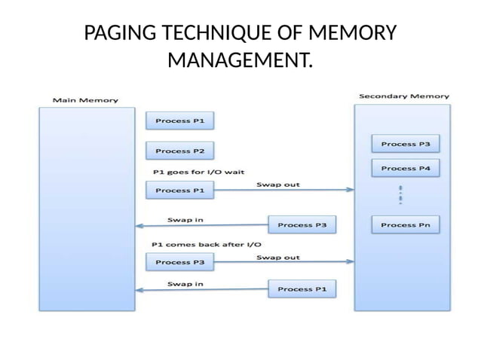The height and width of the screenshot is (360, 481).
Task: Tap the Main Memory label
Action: (84, 100)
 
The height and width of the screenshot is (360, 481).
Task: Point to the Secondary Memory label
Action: (403, 96)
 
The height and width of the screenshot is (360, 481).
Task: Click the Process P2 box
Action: (179, 151)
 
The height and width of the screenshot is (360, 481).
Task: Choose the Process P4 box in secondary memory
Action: (405, 168)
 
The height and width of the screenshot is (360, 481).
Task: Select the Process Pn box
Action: (405, 224)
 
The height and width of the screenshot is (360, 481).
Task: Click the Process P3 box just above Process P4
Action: (405, 143)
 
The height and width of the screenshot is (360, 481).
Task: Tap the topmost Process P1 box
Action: (179, 121)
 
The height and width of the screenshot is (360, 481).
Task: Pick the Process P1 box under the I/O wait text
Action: (179, 191)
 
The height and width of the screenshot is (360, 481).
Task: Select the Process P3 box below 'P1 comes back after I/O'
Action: (179, 263)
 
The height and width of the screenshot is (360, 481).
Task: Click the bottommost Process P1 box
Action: (302, 288)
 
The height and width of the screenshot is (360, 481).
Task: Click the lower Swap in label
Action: (185, 283)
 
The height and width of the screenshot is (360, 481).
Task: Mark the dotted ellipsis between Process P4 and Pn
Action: (400, 194)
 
